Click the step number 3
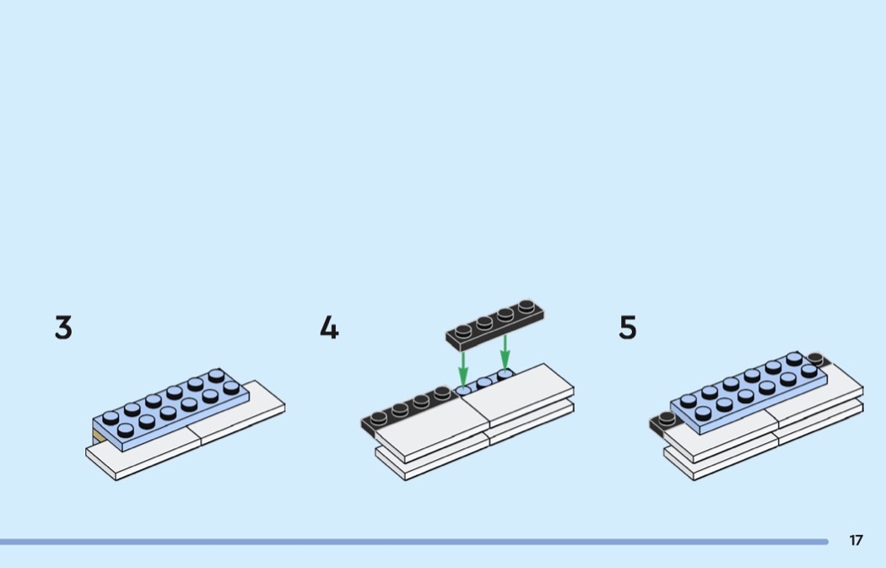click(64, 327)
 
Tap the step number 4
click(329, 327)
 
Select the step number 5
click(628, 327)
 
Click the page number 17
click(856, 540)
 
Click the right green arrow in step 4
click(505, 353)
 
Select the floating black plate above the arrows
click(495, 325)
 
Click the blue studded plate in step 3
click(170, 408)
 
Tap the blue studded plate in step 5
click(749, 392)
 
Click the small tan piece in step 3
click(99, 436)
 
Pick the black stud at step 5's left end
click(667, 419)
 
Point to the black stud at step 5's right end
click(815, 359)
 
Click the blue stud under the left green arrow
click(462, 390)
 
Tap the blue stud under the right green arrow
click(505, 374)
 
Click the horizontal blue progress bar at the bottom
click(414, 542)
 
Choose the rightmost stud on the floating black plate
click(526, 306)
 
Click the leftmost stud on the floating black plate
click(463, 331)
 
